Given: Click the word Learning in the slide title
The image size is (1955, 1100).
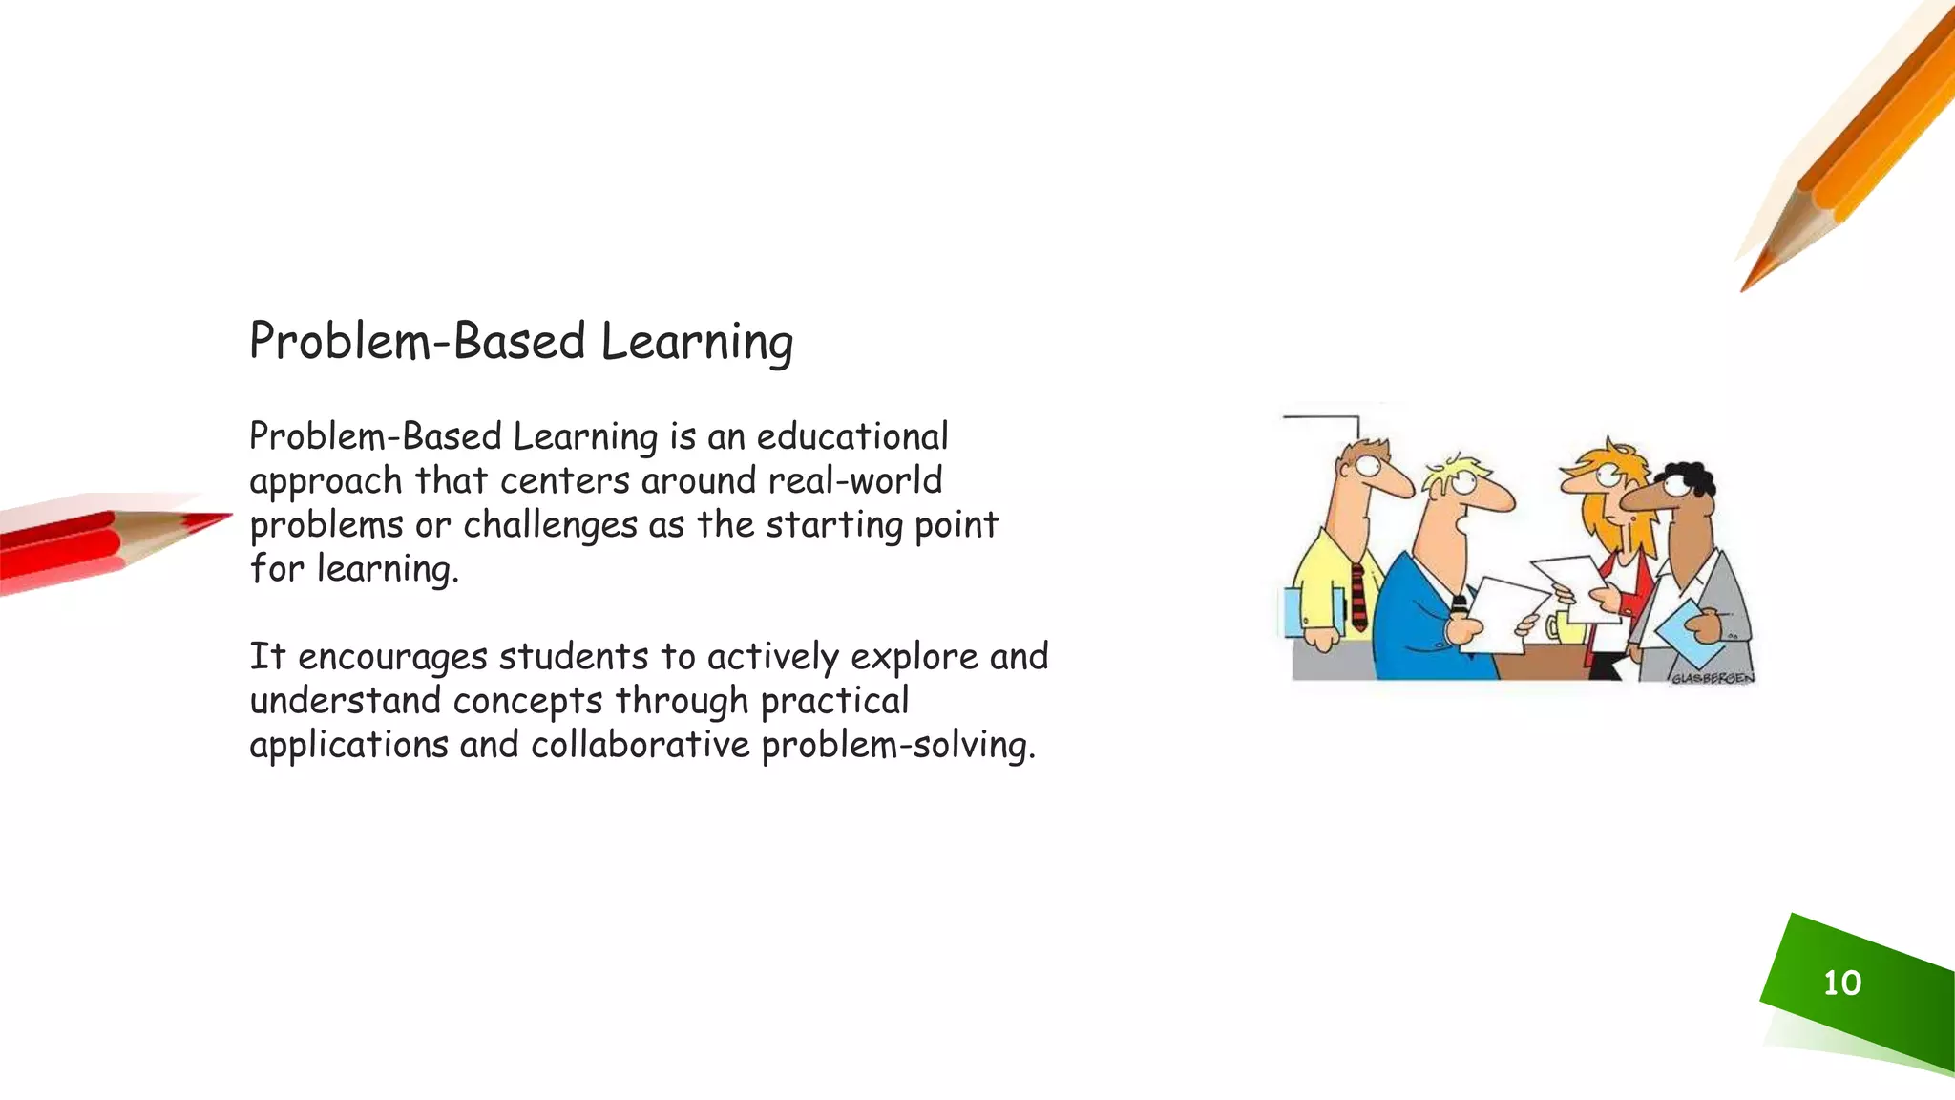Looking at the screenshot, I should pyautogui.click(x=697, y=342).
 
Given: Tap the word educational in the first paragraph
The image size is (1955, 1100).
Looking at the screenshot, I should pyautogui.click(x=852, y=436).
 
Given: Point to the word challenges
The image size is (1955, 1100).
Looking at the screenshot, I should pyautogui.click(x=550, y=525).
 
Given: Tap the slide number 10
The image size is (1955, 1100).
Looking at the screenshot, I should pyautogui.click(x=1841, y=983).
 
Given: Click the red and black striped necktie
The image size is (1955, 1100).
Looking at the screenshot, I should pyautogui.click(x=1358, y=597).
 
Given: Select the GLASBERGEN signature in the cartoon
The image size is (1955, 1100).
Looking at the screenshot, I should pyautogui.click(x=1712, y=678).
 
